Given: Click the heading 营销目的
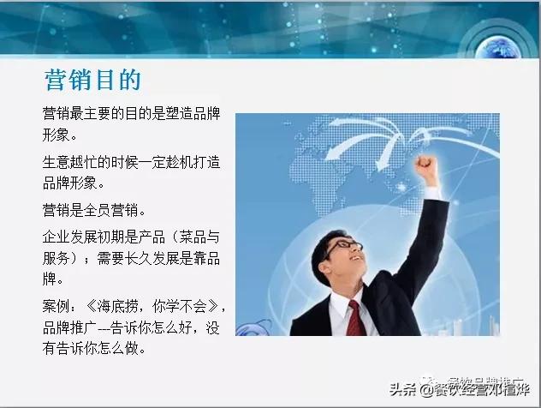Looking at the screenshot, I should click(x=92, y=80).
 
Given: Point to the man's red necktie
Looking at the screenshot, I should click(x=356, y=317).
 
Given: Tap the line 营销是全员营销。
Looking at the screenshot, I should click(x=95, y=209).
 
